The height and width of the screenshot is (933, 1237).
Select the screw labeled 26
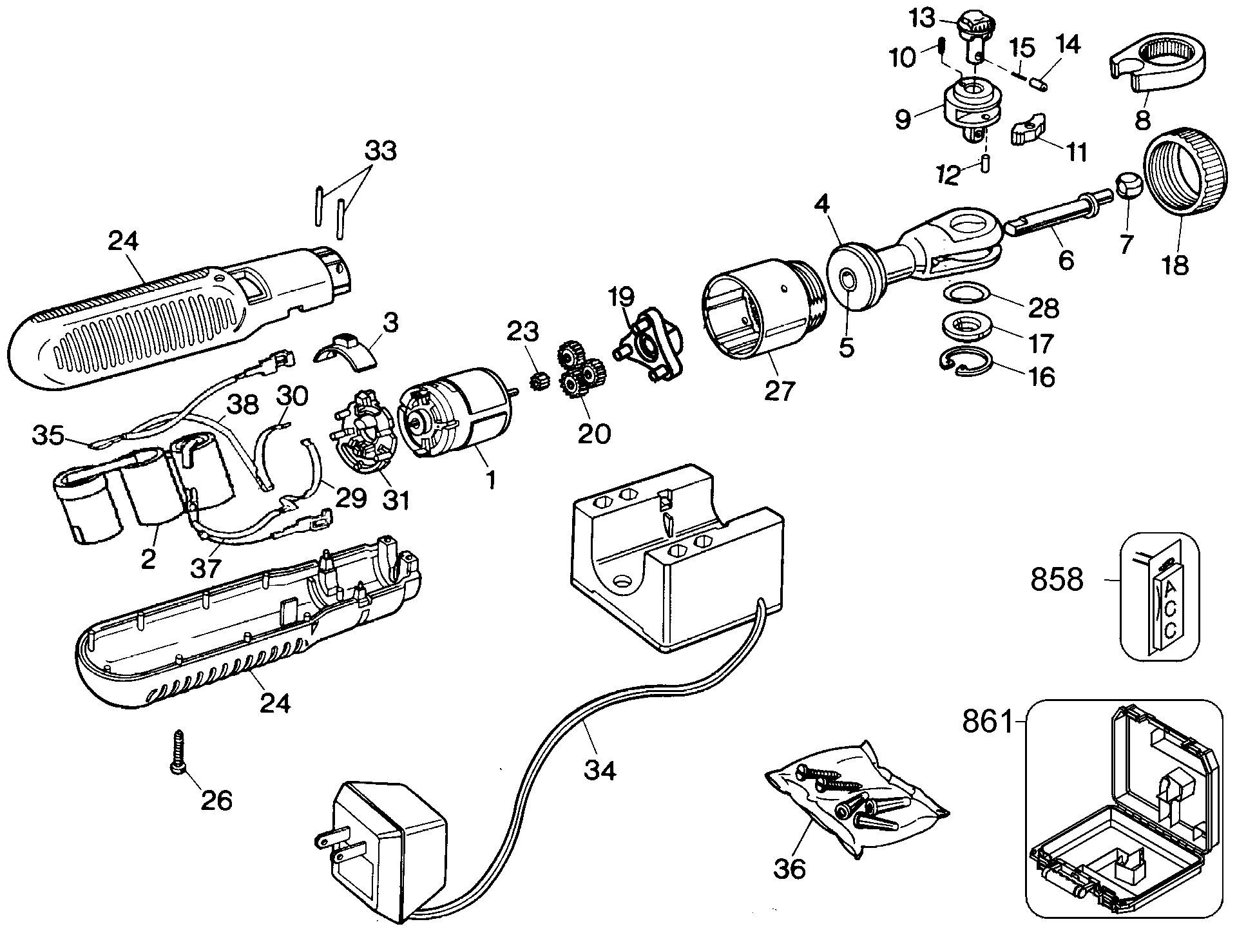(x=177, y=754)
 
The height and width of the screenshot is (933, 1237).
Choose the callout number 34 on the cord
(x=600, y=770)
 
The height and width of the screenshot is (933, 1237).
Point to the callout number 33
(x=380, y=151)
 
